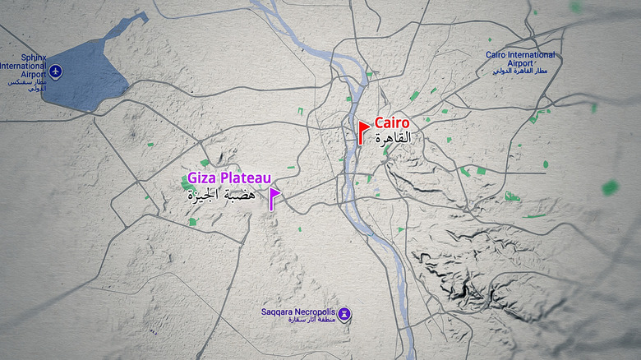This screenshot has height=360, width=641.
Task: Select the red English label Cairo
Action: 392,122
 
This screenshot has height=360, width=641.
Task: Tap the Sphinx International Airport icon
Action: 55,72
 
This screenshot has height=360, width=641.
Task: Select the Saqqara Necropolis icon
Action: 345,313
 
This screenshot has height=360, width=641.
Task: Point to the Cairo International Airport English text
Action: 520,58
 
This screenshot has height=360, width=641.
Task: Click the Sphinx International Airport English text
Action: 23,66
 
